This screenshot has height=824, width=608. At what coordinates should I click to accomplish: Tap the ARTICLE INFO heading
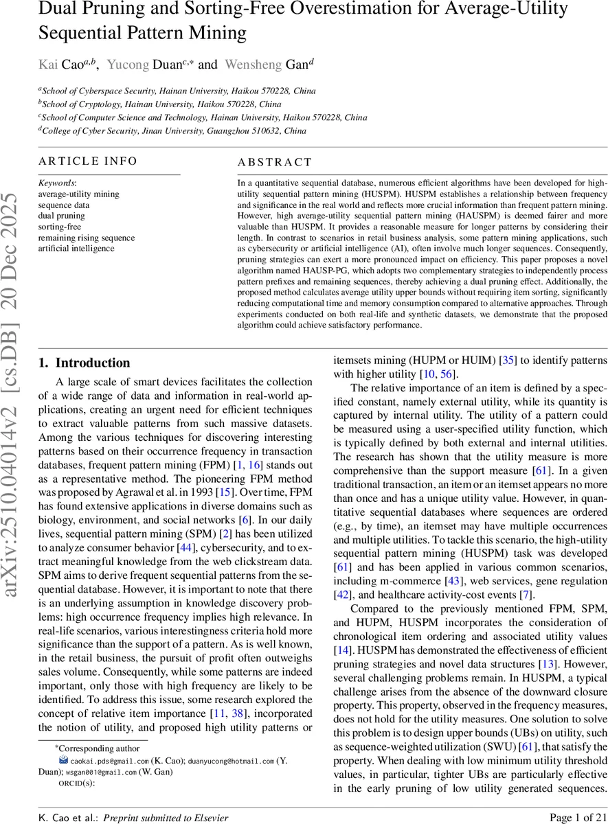pos(88,161)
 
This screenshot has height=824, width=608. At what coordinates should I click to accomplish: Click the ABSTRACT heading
pos(274,163)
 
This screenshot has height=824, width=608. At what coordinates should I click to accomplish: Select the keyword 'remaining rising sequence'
pos(86,238)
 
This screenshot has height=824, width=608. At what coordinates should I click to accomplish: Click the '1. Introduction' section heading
pos(84,363)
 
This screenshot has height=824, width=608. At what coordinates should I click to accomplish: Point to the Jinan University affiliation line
pos(172,130)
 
